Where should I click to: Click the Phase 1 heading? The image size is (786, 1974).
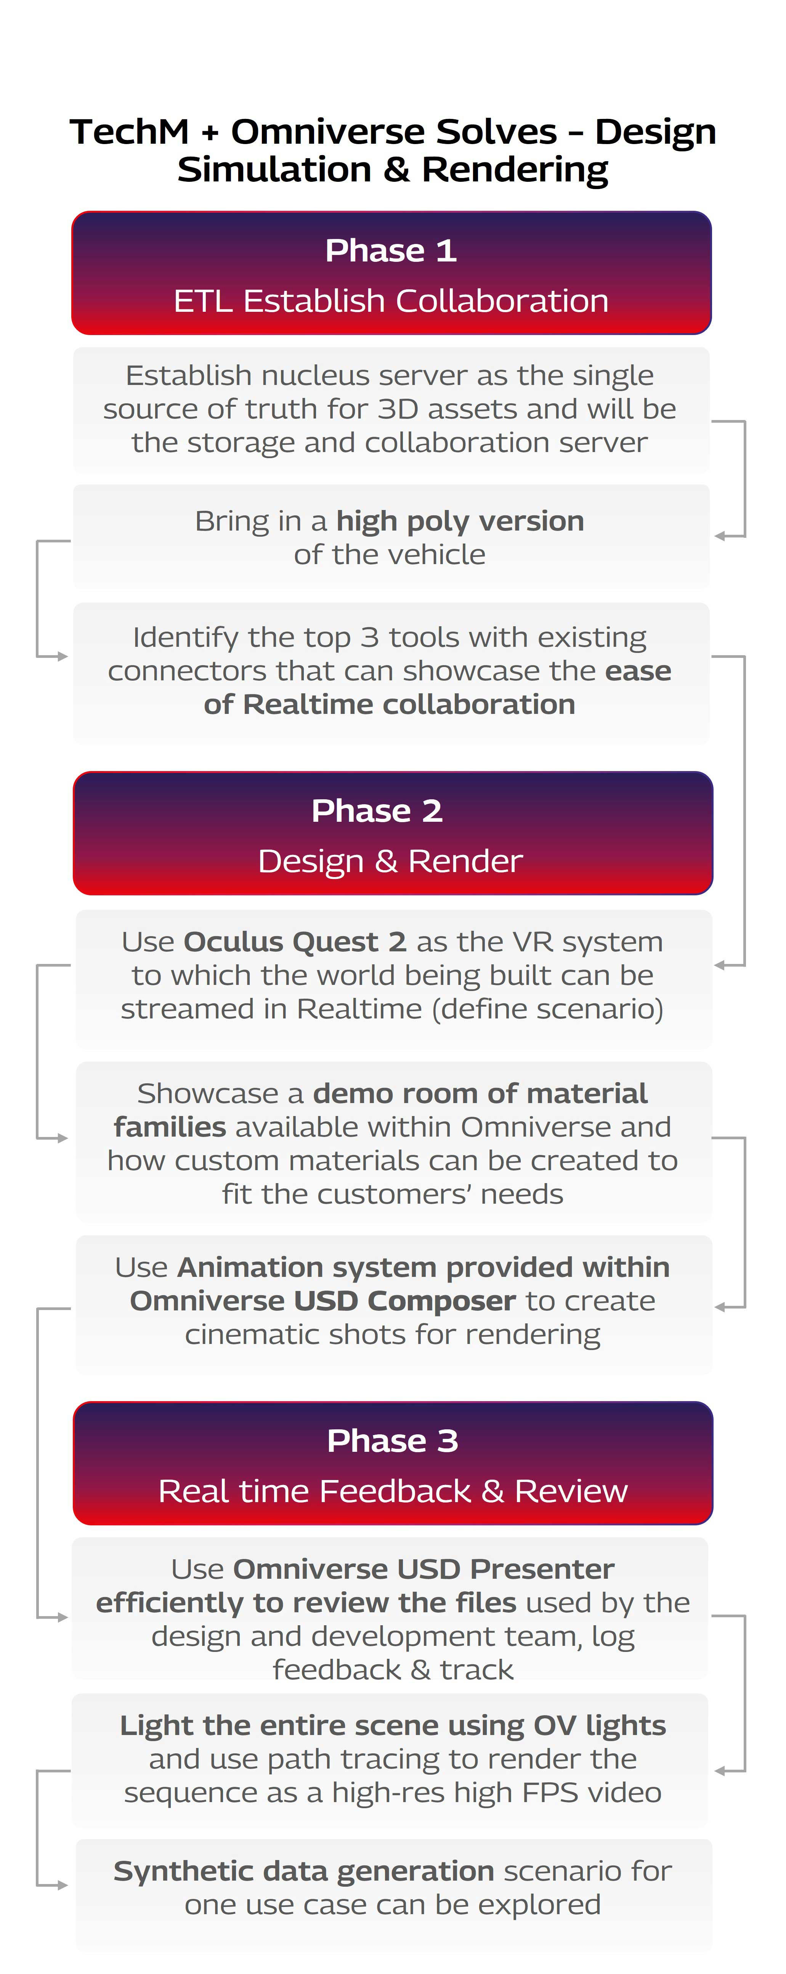[x=391, y=250]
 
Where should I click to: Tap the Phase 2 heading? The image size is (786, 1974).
[x=377, y=811]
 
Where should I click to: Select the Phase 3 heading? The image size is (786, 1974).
[x=392, y=1441]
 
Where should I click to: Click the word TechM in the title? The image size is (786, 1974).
[x=129, y=132]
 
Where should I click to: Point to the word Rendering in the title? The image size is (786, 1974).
[x=515, y=169]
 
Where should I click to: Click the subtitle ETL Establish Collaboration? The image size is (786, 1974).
[x=391, y=301]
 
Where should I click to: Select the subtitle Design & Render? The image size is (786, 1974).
[x=390, y=861]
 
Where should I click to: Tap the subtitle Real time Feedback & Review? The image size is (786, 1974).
[x=392, y=1491]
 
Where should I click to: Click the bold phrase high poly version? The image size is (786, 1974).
[x=460, y=521]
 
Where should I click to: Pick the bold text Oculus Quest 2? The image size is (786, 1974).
[x=294, y=942]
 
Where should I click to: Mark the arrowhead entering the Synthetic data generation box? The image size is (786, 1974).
[x=63, y=1885]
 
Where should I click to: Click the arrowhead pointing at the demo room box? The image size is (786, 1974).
[x=63, y=1139]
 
